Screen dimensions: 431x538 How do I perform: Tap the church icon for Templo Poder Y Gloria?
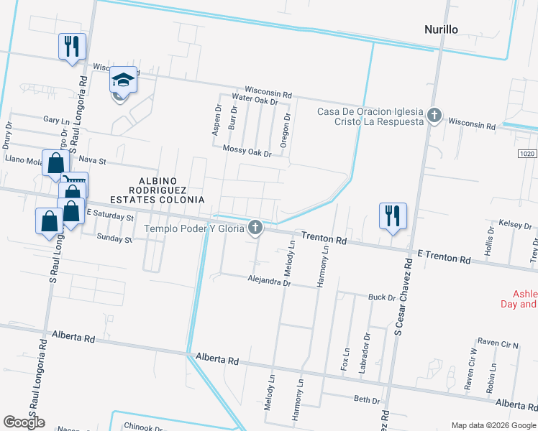(x=254, y=228)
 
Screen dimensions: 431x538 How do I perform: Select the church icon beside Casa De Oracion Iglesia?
(x=433, y=115)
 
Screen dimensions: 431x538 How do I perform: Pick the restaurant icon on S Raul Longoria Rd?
(x=72, y=47)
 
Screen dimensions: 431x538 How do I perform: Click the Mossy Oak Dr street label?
(x=247, y=153)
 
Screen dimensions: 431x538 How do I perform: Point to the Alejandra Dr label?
(x=268, y=282)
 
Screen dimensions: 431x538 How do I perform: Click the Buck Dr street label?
(x=382, y=297)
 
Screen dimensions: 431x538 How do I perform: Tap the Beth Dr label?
(x=366, y=399)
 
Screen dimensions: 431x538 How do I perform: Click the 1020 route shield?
(x=527, y=154)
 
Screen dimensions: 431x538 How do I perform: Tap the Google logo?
(x=24, y=422)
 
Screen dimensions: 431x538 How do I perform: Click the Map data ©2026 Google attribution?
(x=493, y=425)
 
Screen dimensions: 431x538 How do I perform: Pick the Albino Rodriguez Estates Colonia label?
(x=157, y=189)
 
